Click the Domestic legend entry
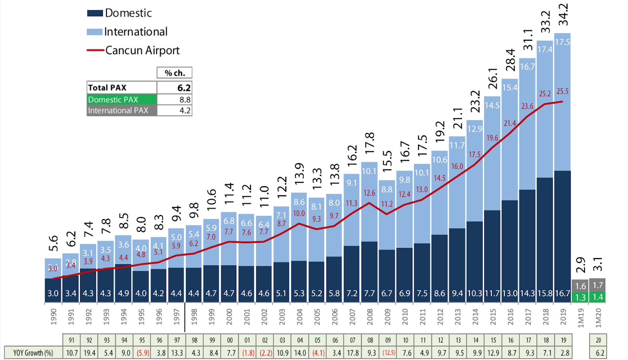120,13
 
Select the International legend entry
127,32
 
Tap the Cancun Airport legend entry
133,50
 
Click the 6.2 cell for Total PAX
174,88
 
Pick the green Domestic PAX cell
122,100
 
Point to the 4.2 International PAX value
174,111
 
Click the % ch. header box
174,73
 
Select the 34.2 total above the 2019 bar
563,15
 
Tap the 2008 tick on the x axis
370,316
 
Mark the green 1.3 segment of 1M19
580,297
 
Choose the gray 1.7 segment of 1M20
598,285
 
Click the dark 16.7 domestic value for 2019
562,293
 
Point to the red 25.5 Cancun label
562,92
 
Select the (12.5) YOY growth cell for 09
388,353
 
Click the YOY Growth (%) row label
33,353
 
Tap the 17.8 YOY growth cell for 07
353,353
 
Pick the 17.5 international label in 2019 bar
562,42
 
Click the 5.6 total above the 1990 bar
53,243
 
